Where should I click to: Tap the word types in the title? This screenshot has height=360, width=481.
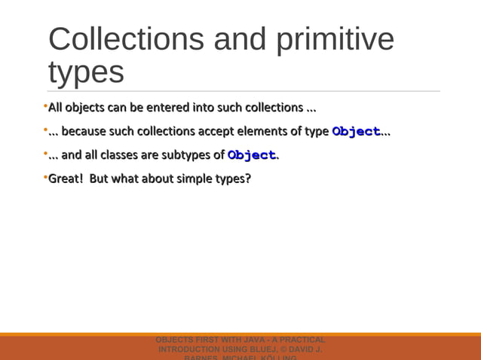tap(86, 72)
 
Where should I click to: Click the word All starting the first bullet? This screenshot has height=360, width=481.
tap(55, 107)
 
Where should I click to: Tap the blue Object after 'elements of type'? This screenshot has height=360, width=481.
tap(356, 132)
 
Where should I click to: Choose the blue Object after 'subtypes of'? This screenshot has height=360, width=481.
tap(251, 156)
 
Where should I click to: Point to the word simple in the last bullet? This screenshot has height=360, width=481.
tap(195, 179)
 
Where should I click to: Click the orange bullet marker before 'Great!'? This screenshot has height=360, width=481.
tap(45, 178)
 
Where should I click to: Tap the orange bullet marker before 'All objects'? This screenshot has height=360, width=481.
tap(45, 105)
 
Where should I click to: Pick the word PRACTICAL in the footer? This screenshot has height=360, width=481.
tap(301, 340)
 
